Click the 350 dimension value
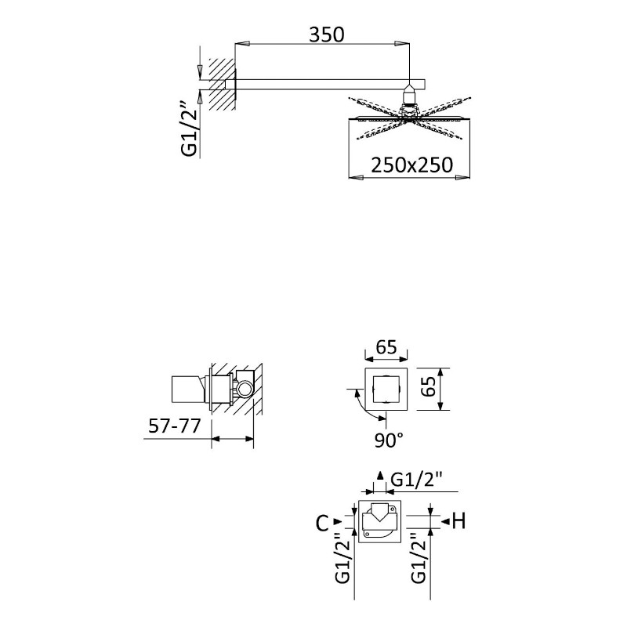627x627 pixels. (326, 34)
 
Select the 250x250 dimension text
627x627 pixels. (412, 165)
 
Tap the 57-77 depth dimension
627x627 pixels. (174, 426)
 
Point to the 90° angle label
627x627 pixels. (388, 440)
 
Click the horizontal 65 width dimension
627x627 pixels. (386, 347)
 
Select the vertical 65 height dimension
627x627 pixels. (429, 386)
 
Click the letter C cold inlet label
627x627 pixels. (322, 523)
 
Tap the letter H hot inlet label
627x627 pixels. (459, 521)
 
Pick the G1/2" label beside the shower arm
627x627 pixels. (190, 129)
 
